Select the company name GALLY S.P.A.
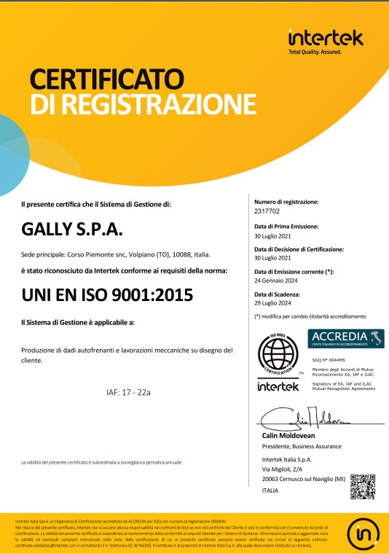(73, 230)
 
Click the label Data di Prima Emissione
(291, 226)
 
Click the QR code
(361, 486)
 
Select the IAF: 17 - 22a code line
(128, 392)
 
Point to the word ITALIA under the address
(270, 491)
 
